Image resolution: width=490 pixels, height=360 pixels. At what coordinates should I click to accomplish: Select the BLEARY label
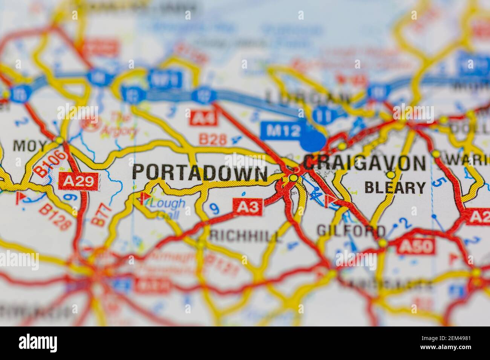(395, 187)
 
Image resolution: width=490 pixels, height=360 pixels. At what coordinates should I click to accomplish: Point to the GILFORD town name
(351, 230)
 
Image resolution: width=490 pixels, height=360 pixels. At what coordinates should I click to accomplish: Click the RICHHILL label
(245, 236)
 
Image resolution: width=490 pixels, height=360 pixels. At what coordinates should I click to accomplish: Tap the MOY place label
(30, 145)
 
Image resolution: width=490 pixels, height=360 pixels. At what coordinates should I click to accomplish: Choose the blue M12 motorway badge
(281, 131)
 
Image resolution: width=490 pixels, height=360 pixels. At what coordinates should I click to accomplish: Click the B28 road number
(213, 140)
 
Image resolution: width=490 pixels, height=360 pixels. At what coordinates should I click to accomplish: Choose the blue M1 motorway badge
(165, 79)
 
